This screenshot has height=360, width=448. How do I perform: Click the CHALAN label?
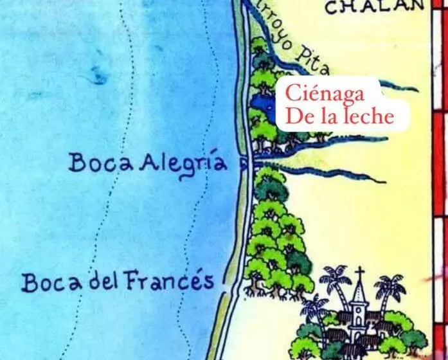point(375,7)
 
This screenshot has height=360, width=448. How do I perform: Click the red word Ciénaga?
point(325,94)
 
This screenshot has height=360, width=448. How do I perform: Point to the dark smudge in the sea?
point(98,73)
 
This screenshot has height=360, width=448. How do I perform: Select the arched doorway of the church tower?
point(359,318)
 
